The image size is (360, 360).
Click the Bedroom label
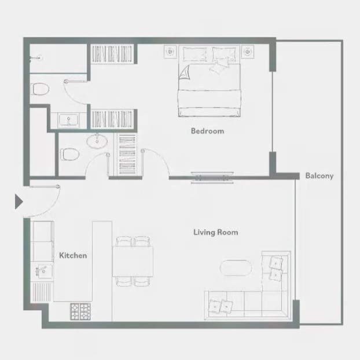pos(207,131)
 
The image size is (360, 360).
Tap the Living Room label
pos(215,232)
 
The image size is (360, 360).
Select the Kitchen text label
pos(73,255)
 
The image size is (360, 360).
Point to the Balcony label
pos(319,176)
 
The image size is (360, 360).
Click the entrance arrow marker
pos(19,201)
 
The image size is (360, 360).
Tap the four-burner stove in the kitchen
pos(80,311)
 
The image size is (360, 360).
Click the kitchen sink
pos(43,270)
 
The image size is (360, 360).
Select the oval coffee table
pos(236,268)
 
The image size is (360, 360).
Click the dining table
pos(133,262)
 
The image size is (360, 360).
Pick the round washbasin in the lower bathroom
pos(97,141)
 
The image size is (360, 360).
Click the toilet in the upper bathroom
pos(40,89)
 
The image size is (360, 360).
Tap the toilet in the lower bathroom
pos(70,154)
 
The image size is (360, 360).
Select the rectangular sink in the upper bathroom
pos(68,120)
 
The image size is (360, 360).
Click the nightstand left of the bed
pos(170,52)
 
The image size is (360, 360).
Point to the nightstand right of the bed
pos(247,52)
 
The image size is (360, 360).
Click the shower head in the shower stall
pos(35,58)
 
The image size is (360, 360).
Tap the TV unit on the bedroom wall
pos(212,178)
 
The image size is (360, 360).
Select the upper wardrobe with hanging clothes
pos(112,54)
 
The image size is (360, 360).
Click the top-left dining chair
pos(124,241)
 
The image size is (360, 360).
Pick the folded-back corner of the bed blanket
pos(185,72)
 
